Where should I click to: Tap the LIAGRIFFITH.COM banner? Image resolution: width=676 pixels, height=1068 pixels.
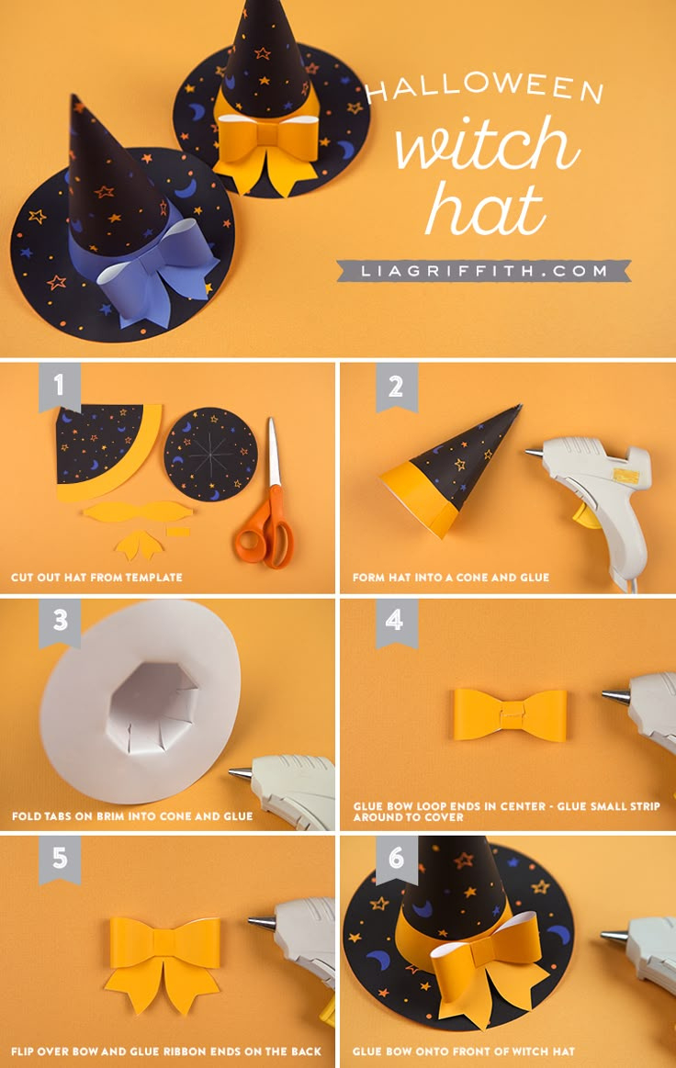pos(483,271)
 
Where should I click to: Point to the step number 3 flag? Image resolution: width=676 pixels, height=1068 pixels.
pos(59,622)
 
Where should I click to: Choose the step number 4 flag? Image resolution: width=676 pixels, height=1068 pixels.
pos(396,622)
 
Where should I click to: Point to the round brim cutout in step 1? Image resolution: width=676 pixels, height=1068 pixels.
pos(210,454)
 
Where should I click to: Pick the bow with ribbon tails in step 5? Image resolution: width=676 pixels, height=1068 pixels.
pos(163,960)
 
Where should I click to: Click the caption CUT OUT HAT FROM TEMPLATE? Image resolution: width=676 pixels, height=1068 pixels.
pos(96,578)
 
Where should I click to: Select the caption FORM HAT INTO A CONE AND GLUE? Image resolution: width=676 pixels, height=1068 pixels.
pos(450,578)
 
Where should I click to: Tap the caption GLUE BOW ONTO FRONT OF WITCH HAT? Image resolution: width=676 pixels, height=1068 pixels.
pos(463,1051)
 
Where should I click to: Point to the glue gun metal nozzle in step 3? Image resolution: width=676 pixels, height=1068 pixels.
pos(240,774)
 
